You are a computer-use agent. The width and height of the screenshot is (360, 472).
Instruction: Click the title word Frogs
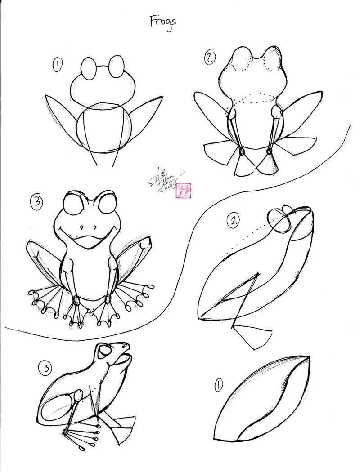[163, 22]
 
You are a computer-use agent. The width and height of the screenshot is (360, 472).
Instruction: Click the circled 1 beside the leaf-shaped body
[219, 384]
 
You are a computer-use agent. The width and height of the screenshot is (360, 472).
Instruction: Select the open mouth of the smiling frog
[90, 242]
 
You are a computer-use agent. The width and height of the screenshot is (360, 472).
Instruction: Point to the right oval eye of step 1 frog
[116, 65]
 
